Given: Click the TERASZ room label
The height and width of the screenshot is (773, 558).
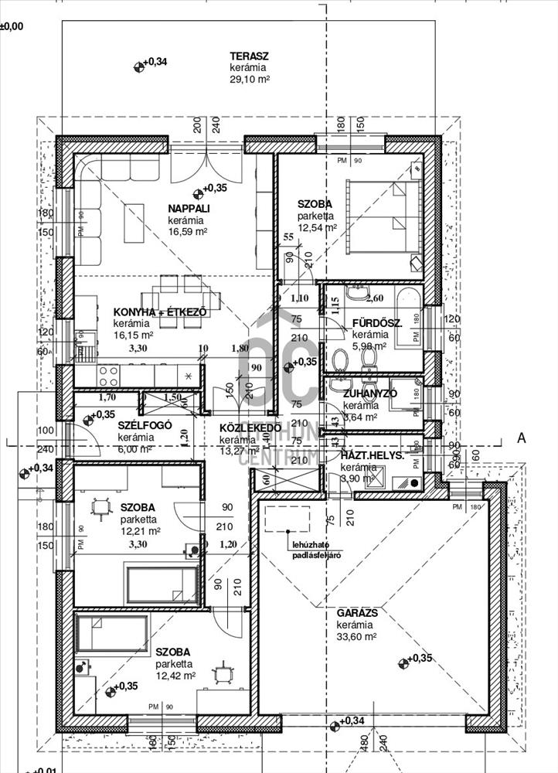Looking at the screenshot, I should (248, 56).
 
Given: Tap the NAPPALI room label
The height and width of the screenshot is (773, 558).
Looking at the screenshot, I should (189, 209).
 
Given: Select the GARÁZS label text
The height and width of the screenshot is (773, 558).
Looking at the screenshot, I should (356, 613).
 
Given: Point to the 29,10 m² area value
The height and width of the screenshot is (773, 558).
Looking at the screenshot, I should (252, 80).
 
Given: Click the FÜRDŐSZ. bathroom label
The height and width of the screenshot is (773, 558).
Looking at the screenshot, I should (376, 324).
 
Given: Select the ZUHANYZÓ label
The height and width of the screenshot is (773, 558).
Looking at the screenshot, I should (369, 393).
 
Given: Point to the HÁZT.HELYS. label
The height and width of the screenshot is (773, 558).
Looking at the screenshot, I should (373, 456).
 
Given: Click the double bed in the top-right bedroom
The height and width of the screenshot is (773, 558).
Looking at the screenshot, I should (383, 216).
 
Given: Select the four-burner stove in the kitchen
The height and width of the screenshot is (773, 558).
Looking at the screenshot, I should (108, 376).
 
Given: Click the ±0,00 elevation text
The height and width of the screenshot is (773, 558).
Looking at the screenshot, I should (12, 26).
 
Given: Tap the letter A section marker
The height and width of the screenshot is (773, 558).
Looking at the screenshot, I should (521, 438).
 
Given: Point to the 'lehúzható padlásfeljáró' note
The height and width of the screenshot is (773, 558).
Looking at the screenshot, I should (315, 550).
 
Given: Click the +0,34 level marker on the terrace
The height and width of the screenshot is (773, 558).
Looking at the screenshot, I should (151, 63).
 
